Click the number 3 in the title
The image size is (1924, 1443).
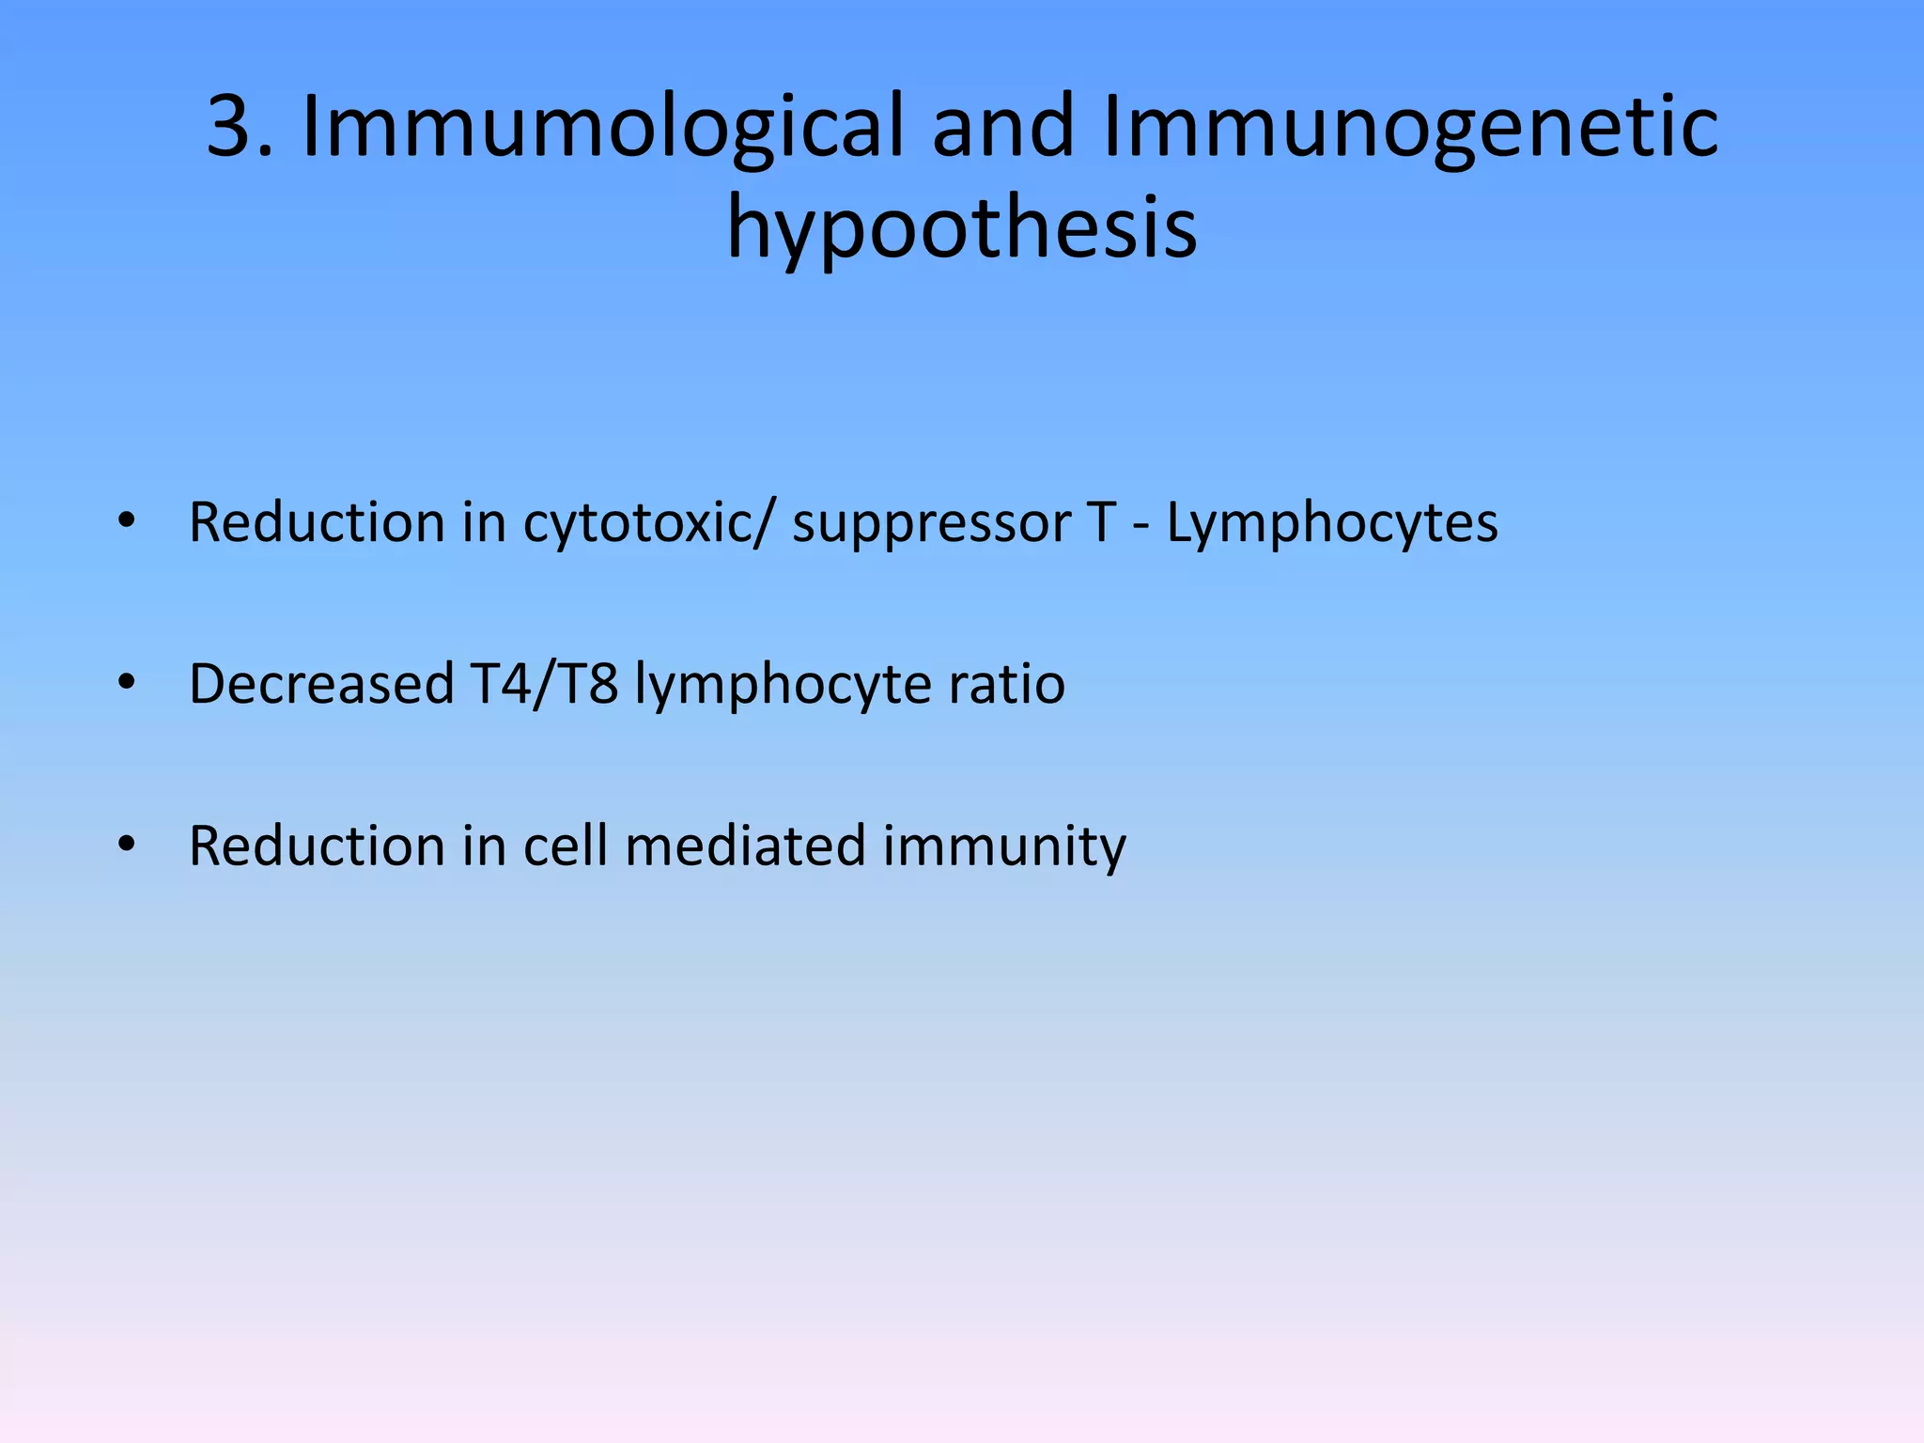coord(231,127)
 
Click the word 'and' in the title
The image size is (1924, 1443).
coord(1002,127)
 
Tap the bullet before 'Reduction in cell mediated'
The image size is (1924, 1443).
coord(127,844)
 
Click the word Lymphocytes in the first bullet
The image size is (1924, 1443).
coord(1331,524)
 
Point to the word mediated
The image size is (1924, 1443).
coord(745,846)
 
